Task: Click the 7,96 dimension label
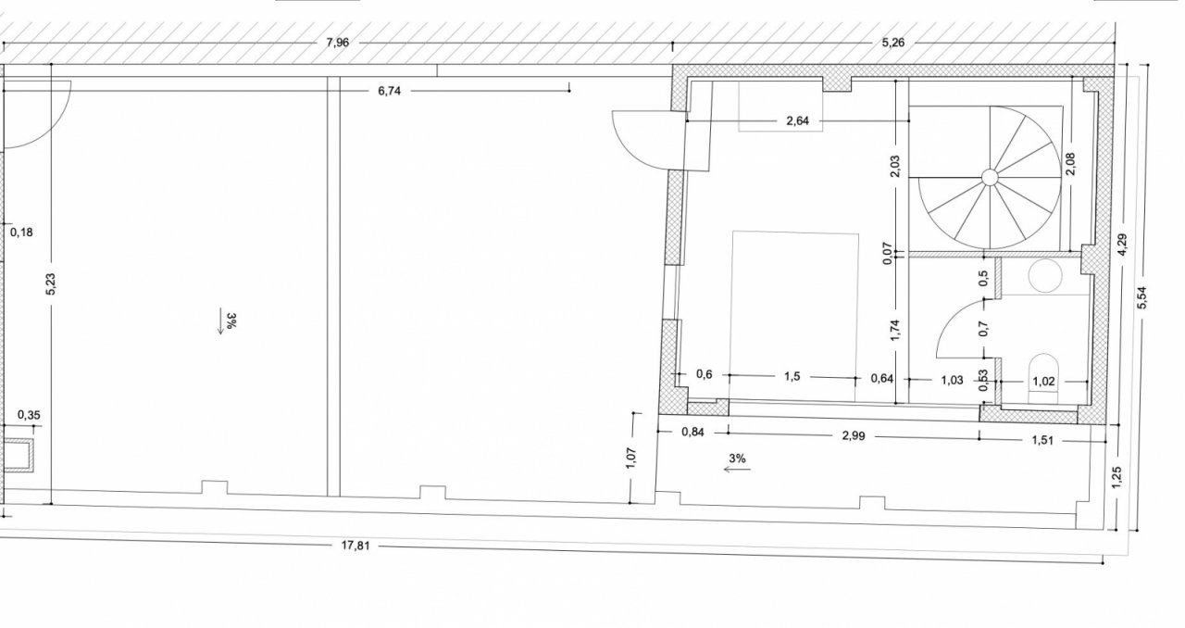pyautogui.click(x=338, y=43)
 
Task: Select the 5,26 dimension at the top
pyautogui.click(x=893, y=43)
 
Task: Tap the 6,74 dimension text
pyautogui.click(x=390, y=91)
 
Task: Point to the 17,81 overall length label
pyautogui.click(x=355, y=546)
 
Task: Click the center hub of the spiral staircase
pyautogui.click(x=990, y=178)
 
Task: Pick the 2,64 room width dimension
pyautogui.click(x=798, y=120)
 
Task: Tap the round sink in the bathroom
pyautogui.click(x=1045, y=275)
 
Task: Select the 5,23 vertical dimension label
pyautogui.click(x=51, y=283)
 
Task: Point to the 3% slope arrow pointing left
pyautogui.click(x=737, y=469)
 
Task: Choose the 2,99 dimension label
pyautogui.click(x=854, y=435)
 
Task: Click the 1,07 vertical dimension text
pyautogui.click(x=630, y=458)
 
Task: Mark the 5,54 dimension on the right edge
pyautogui.click(x=1141, y=297)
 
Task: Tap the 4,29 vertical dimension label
pyautogui.click(x=1123, y=245)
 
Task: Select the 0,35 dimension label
pyautogui.click(x=29, y=415)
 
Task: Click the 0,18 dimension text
pyautogui.click(x=21, y=232)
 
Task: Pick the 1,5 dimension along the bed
pyautogui.click(x=792, y=376)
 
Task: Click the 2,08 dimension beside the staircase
pyautogui.click(x=1070, y=164)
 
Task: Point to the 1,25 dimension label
pyautogui.click(x=1116, y=478)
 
